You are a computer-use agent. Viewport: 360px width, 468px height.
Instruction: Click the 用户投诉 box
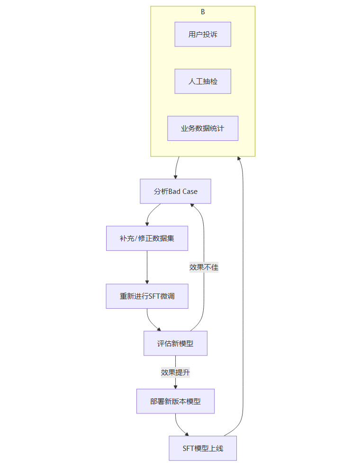point(203,34)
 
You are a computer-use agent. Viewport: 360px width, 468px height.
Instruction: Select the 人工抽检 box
point(203,81)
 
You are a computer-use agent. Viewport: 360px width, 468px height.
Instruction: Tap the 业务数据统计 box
point(203,128)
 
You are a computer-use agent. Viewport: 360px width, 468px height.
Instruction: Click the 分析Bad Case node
point(175,191)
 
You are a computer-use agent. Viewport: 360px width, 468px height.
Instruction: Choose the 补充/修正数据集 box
point(147,238)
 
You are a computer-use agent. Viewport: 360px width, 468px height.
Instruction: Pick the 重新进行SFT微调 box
point(147,296)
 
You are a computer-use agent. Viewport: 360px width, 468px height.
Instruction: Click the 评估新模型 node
point(175,343)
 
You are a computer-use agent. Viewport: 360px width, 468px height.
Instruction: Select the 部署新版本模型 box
point(175,401)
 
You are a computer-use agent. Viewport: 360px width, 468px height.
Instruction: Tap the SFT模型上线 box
point(203,448)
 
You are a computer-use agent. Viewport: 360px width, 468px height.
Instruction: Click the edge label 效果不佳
point(204,267)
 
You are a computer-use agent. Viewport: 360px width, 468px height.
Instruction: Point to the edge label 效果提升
point(175,372)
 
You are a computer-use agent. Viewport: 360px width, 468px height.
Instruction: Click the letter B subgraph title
point(203,12)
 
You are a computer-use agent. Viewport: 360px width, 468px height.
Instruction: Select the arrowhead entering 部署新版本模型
point(175,386)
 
